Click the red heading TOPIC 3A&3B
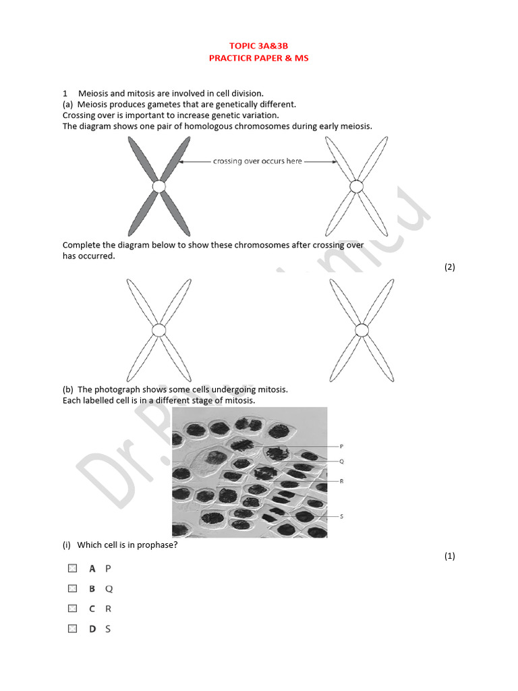click(258, 46)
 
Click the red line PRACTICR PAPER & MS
click(258, 58)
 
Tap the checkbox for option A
click(72, 568)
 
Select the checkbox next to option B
click(72, 588)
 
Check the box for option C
click(72, 609)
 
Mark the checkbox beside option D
click(72, 629)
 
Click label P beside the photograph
click(341, 447)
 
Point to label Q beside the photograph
click(341, 462)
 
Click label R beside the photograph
click(341, 481)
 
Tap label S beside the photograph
click(341, 516)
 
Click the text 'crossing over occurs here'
click(258, 161)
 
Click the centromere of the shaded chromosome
click(159, 186)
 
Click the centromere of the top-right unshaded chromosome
click(355, 186)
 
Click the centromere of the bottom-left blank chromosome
click(159, 330)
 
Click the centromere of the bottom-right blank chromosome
click(362, 330)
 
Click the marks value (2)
click(449, 267)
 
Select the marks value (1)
click(449, 556)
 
